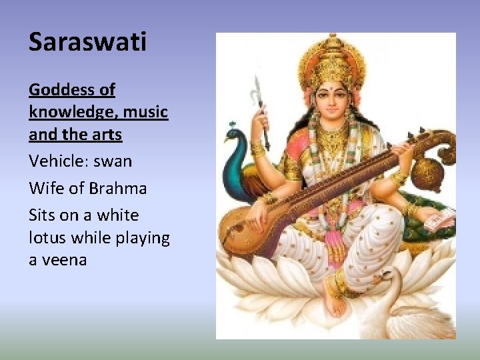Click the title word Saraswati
(x=87, y=42)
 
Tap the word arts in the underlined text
(x=107, y=135)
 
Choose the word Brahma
(x=117, y=189)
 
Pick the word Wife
(x=45, y=189)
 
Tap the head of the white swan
(x=386, y=274)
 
